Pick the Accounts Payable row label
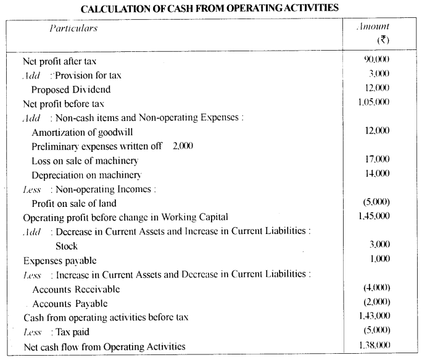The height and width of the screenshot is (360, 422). (70, 303)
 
